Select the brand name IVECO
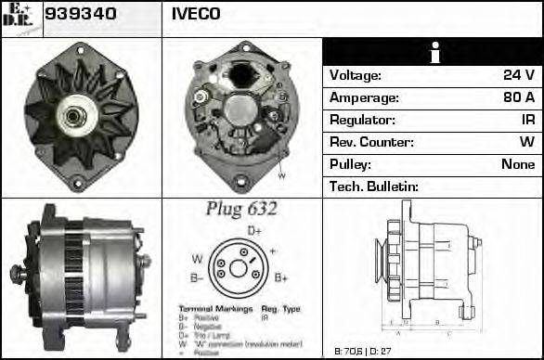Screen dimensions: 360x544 196,14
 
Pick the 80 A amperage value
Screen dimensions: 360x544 518,97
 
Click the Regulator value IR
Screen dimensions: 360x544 526,120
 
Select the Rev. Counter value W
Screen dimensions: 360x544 526,142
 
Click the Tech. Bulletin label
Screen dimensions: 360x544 374,186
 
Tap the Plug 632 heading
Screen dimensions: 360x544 240,209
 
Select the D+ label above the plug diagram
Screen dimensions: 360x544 254,230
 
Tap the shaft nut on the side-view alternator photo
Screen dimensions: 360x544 16,273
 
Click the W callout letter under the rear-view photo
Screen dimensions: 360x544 281,175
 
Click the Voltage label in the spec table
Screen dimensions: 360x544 356,75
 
